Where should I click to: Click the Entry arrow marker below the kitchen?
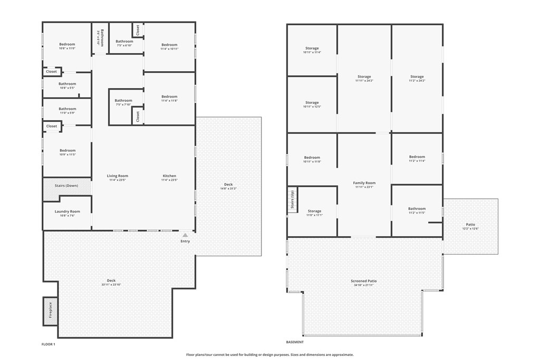185,236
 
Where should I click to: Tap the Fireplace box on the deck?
50,311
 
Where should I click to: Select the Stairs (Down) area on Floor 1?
67,186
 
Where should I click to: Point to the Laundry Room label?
67,211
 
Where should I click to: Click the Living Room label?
118,176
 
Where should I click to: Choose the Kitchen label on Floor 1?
169,176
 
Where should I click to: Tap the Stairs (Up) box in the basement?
293,200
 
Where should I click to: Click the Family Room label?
364,183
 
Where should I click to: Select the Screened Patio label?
364,281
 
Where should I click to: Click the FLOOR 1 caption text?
49,344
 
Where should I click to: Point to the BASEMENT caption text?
295,342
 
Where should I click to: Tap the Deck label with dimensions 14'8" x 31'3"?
228,184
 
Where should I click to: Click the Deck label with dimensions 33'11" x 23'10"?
111,280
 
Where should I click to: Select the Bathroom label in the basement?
417,209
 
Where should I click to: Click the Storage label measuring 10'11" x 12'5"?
312,103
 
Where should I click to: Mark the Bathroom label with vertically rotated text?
102,38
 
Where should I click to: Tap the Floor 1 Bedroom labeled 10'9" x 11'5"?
67,151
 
